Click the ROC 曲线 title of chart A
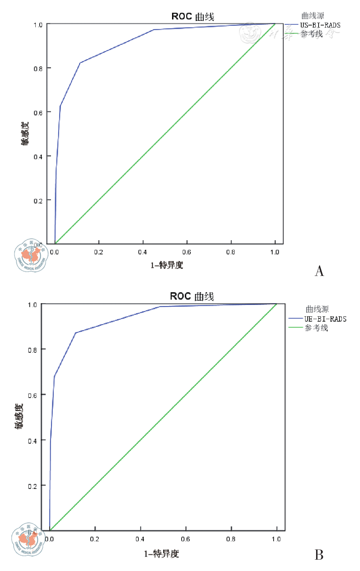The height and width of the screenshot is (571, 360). [x=193, y=17]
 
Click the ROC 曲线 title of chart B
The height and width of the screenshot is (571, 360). [x=192, y=296]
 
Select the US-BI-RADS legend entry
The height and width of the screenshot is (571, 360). [x=320, y=25]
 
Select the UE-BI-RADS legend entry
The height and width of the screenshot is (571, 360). [x=325, y=319]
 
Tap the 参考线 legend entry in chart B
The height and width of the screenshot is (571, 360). [x=316, y=328]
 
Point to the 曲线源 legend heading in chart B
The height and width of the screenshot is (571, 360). [x=317, y=309]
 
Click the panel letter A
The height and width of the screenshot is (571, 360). [x=319, y=271]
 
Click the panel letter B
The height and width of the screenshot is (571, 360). [x=319, y=555]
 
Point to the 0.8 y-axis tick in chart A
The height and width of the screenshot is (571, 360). [x=38, y=69]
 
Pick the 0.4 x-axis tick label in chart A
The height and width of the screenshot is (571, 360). [x=143, y=252]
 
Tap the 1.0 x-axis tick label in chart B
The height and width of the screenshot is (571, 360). [x=276, y=539]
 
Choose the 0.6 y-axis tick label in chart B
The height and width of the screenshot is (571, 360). [x=32, y=395]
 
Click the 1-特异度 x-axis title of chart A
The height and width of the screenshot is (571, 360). [x=167, y=265]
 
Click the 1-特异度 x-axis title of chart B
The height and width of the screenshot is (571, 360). [x=161, y=554]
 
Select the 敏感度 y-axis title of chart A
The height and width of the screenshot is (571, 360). [x=25, y=133]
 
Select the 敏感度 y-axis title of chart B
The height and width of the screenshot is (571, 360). [x=19, y=416]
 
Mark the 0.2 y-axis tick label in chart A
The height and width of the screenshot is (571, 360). [x=38, y=201]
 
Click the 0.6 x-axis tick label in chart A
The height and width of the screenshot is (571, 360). [x=187, y=252]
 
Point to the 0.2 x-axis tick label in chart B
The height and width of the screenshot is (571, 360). [x=95, y=539]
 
